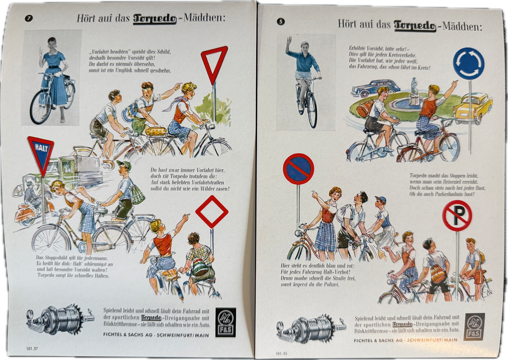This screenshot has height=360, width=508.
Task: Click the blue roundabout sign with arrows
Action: (468, 63)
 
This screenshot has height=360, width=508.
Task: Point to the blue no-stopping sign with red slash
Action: (298, 169)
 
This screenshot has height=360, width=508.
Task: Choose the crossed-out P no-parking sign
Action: (457, 216)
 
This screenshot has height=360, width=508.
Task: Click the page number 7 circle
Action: (29, 18)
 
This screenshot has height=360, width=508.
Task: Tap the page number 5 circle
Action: (281, 22)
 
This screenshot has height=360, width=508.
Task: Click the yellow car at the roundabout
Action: (473, 108)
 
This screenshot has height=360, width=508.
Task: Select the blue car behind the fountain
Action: (375, 88)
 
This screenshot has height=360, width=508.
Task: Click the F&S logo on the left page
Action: (225, 322)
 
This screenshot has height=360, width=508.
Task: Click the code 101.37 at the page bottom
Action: (32, 349)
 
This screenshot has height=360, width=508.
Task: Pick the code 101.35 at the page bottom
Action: (282, 353)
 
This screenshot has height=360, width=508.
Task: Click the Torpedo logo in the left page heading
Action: (155, 19)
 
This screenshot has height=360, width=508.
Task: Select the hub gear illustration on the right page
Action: (310, 328)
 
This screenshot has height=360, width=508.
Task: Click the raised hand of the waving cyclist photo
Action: (288, 41)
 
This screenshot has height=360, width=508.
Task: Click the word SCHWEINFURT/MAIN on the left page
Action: (183, 335)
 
